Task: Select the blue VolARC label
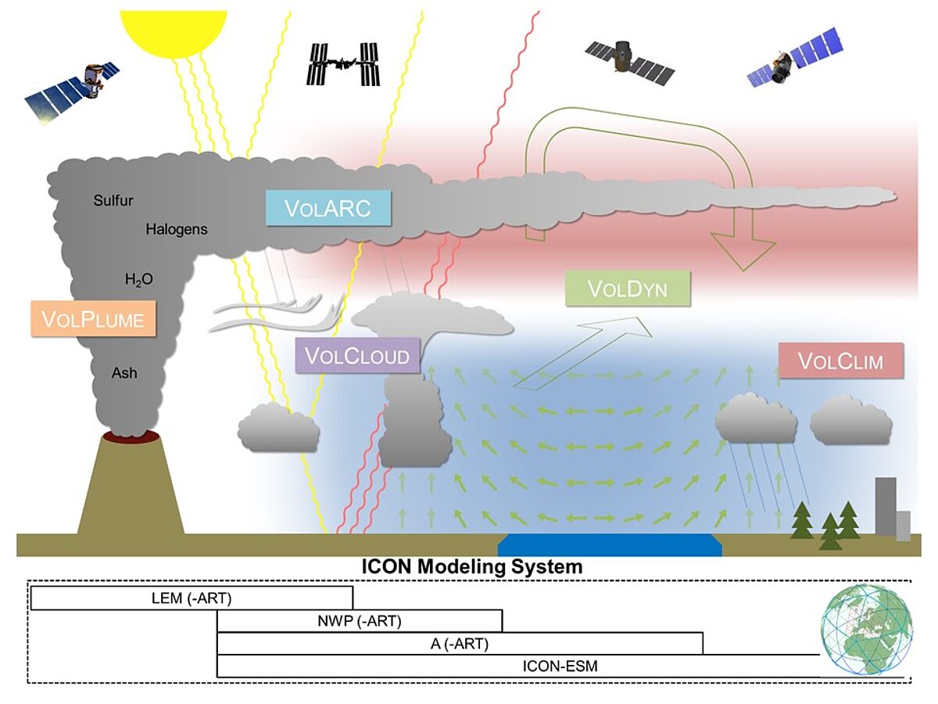tap(328, 207)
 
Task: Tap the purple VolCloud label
tap(356, 356)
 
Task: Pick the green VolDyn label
tap(628, 289)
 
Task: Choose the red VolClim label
tap(840, 361)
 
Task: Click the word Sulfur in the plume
tap(113, 200)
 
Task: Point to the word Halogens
tap(177, 229)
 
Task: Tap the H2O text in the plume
tap(139, 278)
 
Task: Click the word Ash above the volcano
tap(124, 373)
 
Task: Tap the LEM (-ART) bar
tap(192, 599)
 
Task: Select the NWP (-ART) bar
tap(360, 622)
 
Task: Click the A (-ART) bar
tap(460, 644)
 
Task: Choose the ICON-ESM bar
tap(559, 666)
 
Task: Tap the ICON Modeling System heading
tap(471, 566)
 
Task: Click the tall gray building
tap(886, 506)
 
